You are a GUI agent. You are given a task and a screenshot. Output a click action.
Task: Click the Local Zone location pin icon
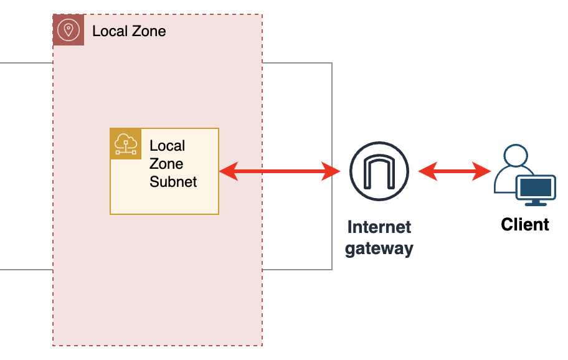tap(69, 30)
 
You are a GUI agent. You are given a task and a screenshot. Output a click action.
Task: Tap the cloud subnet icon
tap(126, 144)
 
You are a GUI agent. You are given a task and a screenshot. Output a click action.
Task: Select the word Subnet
tap(173, 182)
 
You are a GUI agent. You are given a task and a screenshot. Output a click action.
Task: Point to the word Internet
tap(379, 227)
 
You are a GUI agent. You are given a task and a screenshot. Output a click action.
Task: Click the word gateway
tap(379, 249)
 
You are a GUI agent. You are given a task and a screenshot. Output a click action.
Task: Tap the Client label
tap(525, 224)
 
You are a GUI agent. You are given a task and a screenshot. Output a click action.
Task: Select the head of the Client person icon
tap(517, 156)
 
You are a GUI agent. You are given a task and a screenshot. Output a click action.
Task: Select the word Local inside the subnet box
tap(168, 146)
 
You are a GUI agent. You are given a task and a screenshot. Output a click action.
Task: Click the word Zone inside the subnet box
tap(166, 164)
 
